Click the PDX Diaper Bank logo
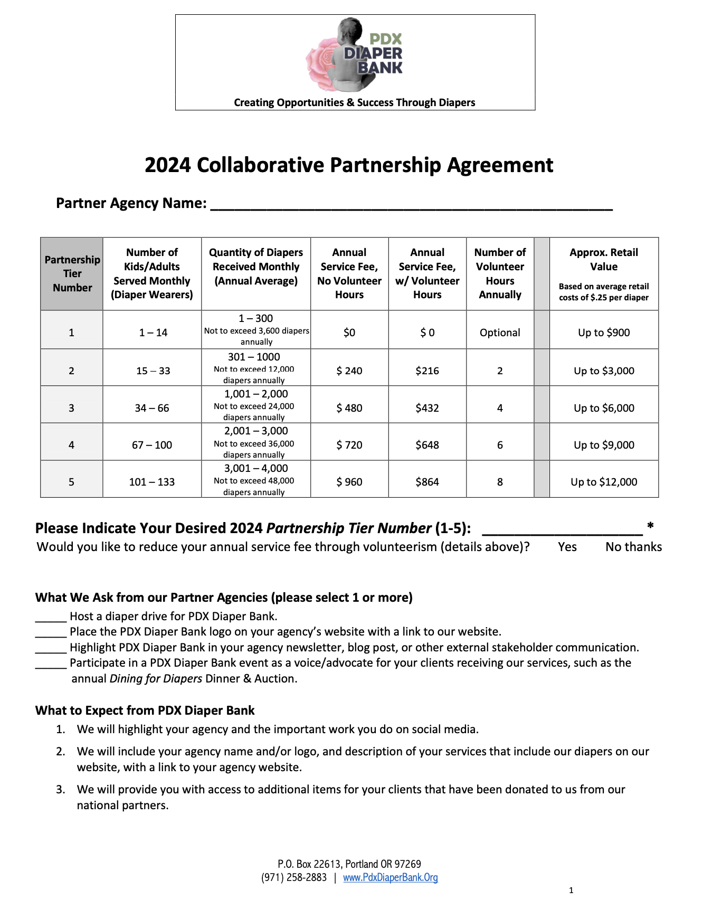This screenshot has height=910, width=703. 355,54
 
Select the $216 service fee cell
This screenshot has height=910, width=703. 427,371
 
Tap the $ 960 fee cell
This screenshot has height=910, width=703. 349,482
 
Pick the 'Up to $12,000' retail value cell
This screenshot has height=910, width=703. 604,482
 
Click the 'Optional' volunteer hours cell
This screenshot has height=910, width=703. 500,333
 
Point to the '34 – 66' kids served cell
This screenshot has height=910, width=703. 152,408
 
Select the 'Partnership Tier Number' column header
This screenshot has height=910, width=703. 72,273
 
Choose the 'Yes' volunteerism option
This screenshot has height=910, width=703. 567,547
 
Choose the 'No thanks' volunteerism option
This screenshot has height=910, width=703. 633,547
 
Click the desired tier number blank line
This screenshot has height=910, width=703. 563,529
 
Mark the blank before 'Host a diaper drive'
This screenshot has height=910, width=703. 51,617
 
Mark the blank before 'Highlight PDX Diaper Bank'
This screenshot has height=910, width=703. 51,648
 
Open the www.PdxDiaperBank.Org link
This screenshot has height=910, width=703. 391,878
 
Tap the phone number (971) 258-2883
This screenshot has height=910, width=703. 294,878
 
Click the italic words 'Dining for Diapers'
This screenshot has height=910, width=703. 156,679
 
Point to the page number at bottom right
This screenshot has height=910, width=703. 571,890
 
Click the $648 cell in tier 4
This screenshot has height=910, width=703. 427,445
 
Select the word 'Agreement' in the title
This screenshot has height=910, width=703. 500,165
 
